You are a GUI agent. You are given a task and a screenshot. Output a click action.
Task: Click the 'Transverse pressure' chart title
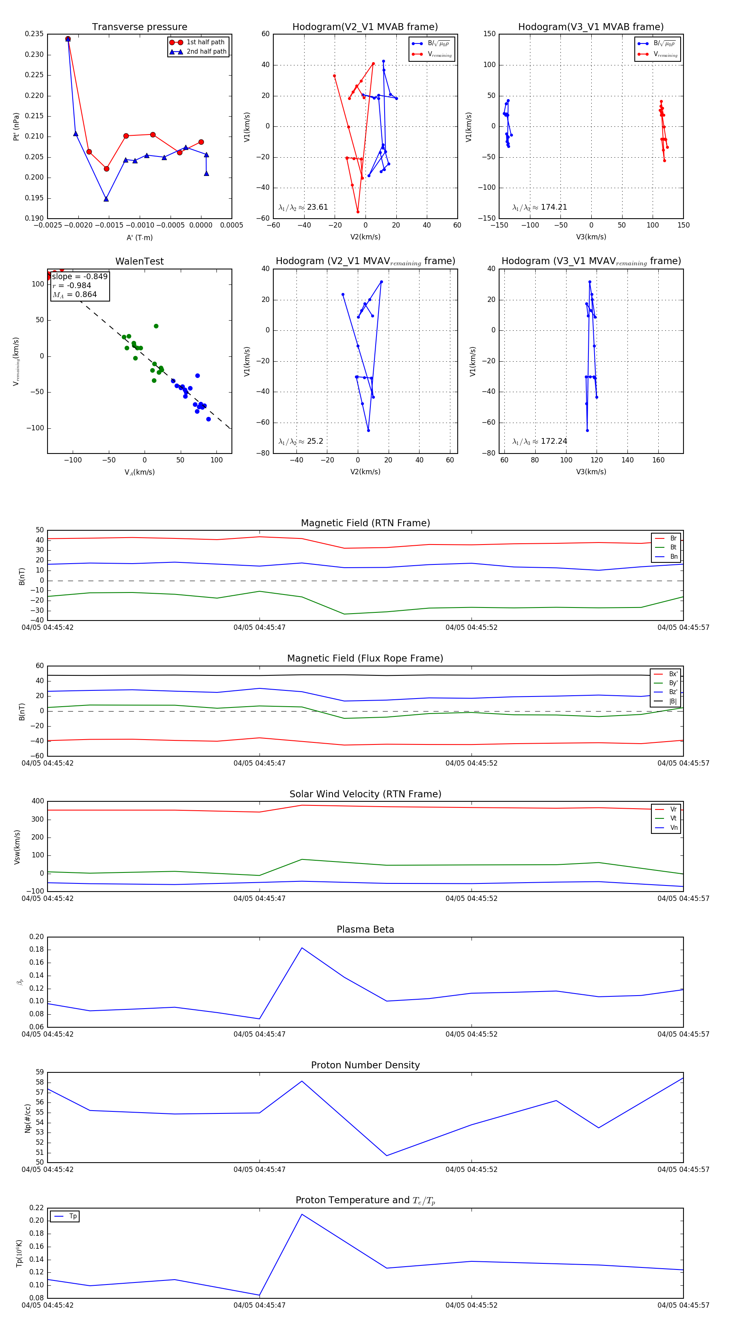[x=139, y=27]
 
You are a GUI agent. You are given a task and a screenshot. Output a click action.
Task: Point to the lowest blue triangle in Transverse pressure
[x=106, y=199]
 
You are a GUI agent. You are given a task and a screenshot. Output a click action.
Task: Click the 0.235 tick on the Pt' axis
[x=35, y=34]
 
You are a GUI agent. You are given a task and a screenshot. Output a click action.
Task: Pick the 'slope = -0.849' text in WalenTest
[x=80, y=276]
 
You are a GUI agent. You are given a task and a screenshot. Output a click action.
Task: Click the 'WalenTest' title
[x=139, y=261]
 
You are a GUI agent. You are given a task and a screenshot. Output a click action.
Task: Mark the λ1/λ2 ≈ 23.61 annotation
[x=303, y=207]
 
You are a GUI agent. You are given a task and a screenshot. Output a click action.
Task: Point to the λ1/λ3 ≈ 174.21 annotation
[x=540, y=207]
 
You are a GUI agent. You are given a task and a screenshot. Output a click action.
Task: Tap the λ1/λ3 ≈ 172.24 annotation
[x=540, y=441]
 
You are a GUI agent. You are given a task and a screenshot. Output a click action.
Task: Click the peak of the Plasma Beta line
[x=302, y=948]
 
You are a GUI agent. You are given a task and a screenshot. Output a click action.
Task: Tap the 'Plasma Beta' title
[x=365, y=929]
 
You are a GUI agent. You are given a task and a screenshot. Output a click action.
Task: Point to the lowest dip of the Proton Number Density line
[x=387, y=1156]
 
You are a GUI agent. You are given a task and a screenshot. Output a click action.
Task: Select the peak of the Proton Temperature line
[x=302, y=1215]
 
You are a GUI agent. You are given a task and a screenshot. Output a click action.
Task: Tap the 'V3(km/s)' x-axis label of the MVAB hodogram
[x=591, y=237]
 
